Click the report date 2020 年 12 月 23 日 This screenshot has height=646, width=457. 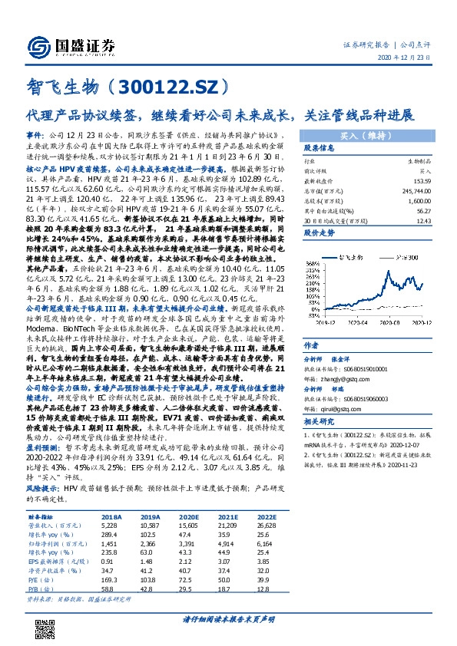(x=409, y=58)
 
